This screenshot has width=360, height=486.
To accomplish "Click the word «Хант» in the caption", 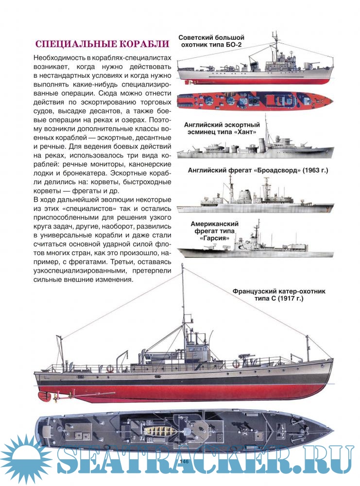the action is click(245, 132).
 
